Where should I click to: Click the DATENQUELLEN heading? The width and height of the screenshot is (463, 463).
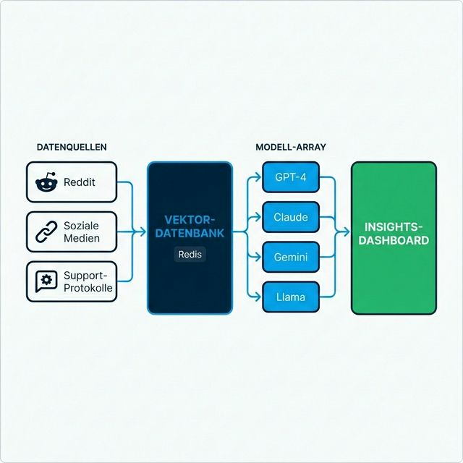(x=72, y=147)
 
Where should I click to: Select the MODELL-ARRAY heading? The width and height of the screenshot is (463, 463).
(x=291, y=147)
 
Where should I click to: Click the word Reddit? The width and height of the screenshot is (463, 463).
(x=80, y=182)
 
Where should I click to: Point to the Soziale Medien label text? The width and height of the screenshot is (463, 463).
(x=82, y=231)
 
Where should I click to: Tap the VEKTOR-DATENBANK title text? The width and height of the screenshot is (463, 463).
(x=190, y=226)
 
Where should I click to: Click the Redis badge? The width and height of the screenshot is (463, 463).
(x=190, y=255)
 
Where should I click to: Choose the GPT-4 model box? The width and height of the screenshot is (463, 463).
(x=290, y=177)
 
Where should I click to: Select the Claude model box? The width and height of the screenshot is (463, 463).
(x=290, y=217)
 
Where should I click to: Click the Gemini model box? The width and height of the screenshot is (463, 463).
(x=290, y=257)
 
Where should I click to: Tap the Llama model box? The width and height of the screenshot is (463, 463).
(x=290, y=297)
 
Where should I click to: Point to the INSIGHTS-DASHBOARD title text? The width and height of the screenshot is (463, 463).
(x=394, y=233)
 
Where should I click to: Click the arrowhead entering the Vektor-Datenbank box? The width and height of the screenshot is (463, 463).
(x=143, y=232)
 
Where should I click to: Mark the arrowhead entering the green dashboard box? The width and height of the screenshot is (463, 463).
(x=347, y=232)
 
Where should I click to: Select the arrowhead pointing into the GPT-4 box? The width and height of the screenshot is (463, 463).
(x=258, y=177)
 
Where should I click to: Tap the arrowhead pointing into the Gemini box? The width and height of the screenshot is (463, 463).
(x=258, y=257)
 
